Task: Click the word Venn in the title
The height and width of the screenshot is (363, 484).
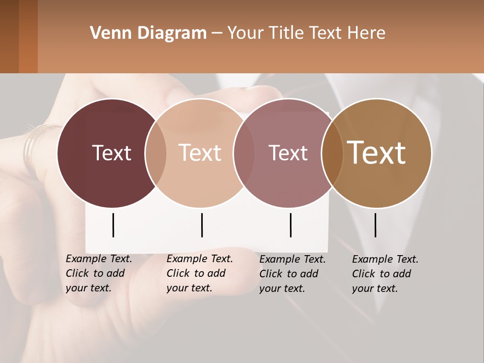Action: pyautogui.click(x=108, y=33)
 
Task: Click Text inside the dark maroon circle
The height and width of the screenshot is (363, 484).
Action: pyautogui.click(x=111, y=153)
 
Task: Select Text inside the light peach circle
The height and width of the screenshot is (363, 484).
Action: pyautogui.click(x=200, y=153)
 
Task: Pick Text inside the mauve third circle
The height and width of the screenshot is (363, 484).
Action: pyautogui.click(x=288, y=153)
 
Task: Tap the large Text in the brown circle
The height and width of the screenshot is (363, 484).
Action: pyautogui.click(x=377, y=153)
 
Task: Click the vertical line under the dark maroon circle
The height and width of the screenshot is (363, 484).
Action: pyautogui.click(x=113, y=225)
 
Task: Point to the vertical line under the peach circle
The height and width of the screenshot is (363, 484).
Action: pyautogui.click(x=202, y=225)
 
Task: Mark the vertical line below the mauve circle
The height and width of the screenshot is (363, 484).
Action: pyautogui.click(x=290, y=225)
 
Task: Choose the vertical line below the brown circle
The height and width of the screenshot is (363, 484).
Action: pyautogui.click(x=376, y=225)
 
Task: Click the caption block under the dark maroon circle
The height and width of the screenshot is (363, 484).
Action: pyautogui.click(x=99, y=273)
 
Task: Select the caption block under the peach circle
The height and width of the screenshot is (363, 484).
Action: pyautogui.click(x=200, y=273)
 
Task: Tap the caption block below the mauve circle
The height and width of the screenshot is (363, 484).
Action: pyautogui.click(x=292, y=273)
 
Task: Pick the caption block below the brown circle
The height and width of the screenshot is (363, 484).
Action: pyautogui.click(x=385, y=273)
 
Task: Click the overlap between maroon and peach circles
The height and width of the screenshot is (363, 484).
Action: pyautogui.click(x=156, y=153)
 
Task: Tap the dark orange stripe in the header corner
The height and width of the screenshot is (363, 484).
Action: pyautogui.click(x=28, y=36)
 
